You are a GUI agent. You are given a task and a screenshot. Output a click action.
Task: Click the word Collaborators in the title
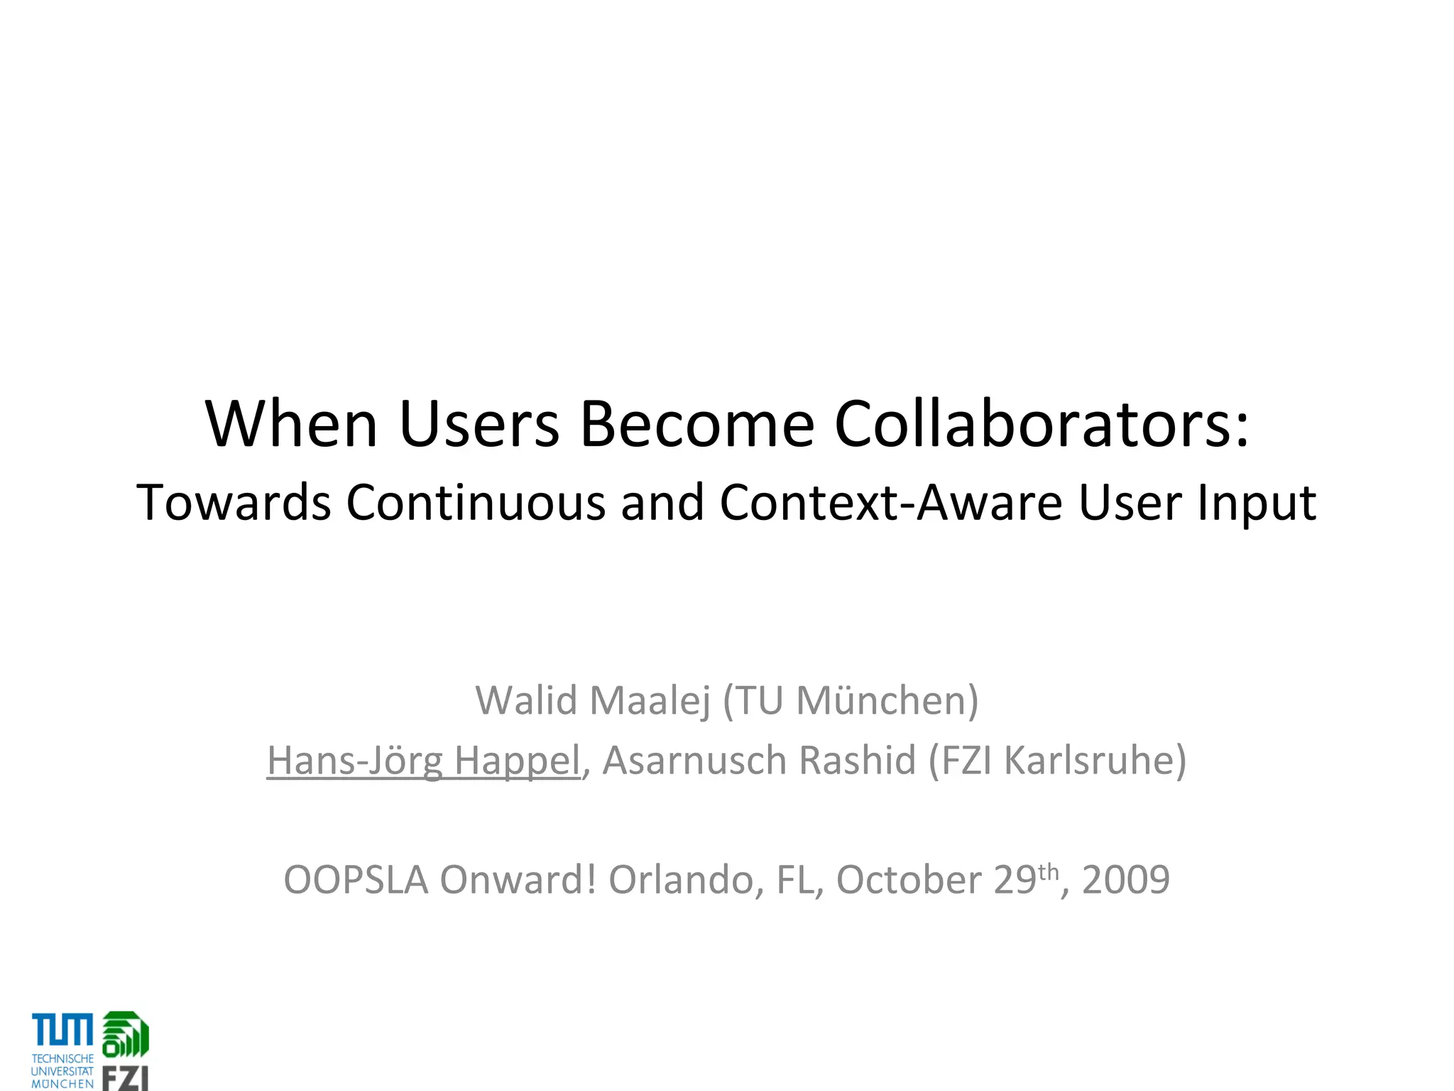[x=1041, y=424]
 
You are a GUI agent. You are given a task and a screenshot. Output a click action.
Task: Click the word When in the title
[x=292, y=424]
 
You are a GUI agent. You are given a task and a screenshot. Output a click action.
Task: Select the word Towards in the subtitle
[x=234, y=503]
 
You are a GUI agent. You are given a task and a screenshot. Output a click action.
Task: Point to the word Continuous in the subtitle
[x=476, y=503]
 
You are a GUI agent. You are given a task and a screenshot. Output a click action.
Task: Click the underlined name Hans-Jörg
[x=354, y=761]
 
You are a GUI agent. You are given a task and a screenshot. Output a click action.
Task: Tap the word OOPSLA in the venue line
[x=356, y=881]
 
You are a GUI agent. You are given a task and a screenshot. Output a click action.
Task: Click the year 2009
[x=1125, y=881]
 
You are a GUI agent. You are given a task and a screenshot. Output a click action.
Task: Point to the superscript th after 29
[x=1049, y=871]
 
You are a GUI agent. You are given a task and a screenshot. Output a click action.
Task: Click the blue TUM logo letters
[x=62, y=1030]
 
